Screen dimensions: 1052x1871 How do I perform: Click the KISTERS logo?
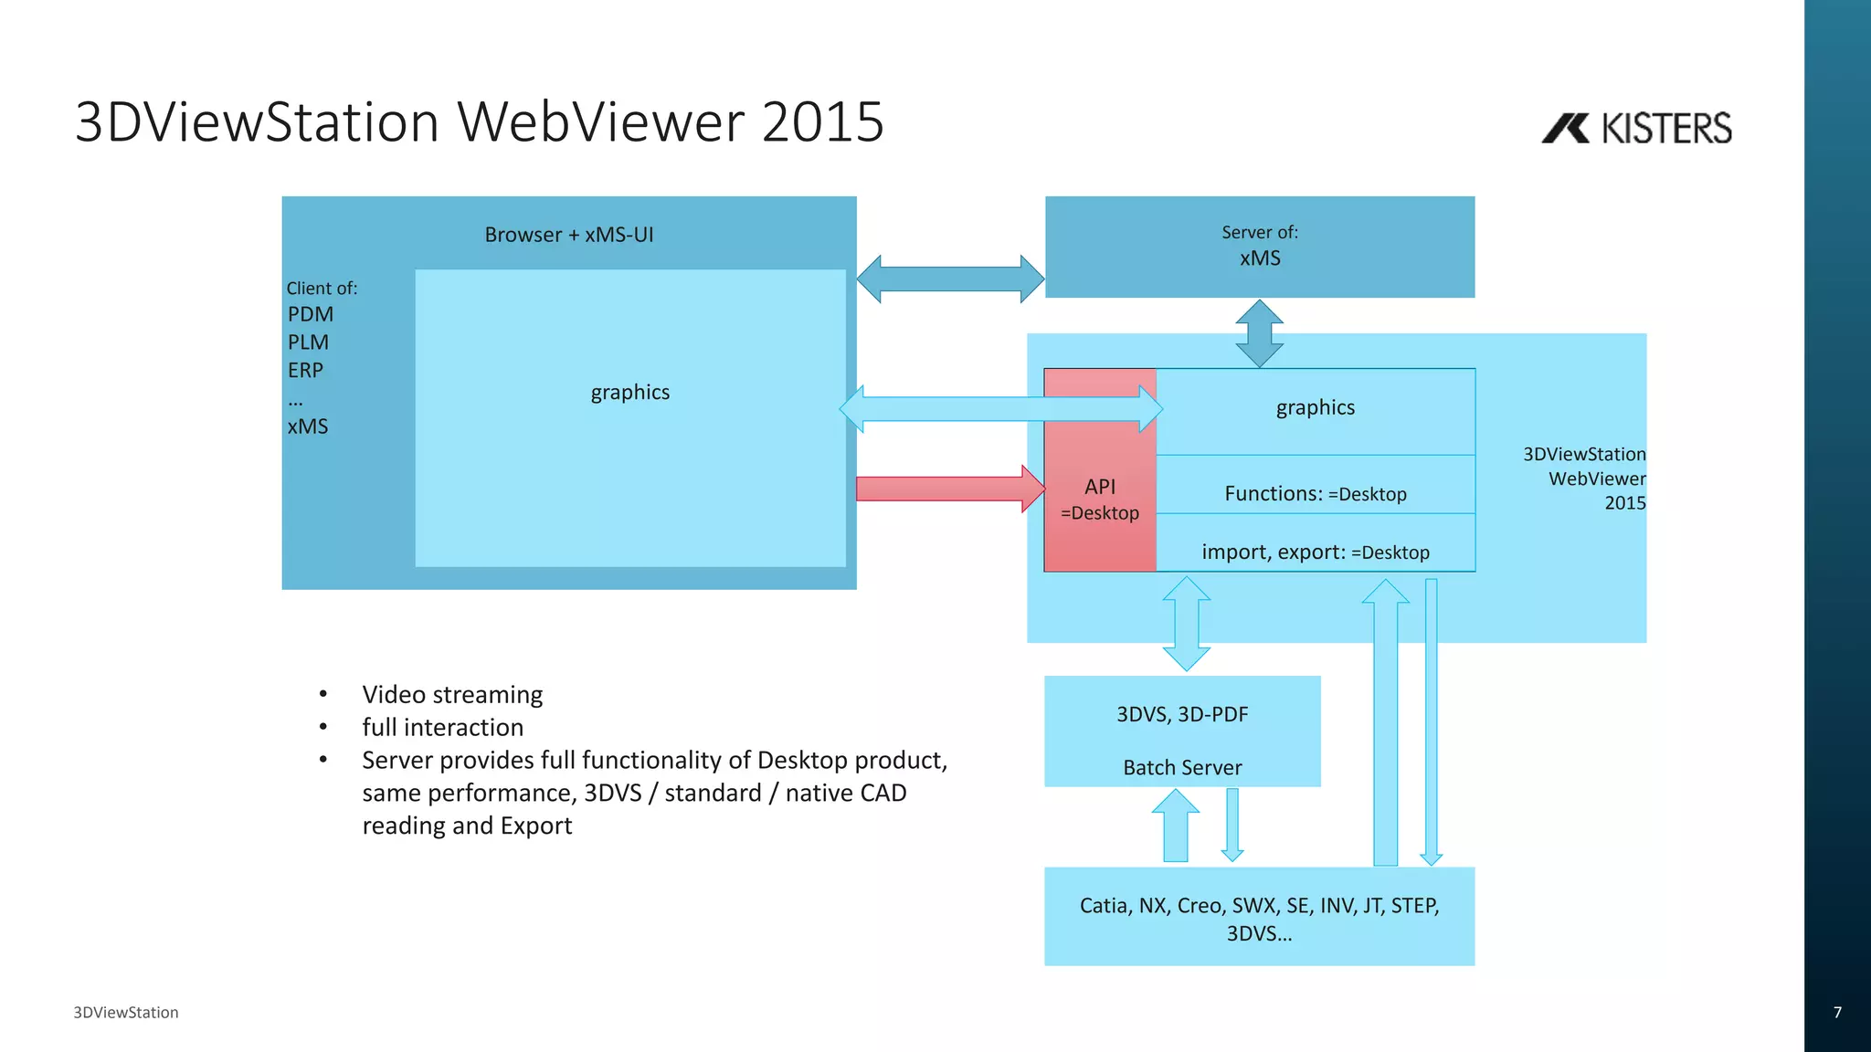pos(1636,128)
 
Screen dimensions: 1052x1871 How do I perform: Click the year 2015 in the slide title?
pos(822,121)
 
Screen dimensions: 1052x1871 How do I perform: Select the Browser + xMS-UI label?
pos(568,235)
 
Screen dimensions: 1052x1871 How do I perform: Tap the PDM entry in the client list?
pos(311,314)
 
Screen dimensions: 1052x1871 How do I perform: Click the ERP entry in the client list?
pos(305,371)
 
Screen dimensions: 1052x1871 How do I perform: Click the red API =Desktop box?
pos(1100,499)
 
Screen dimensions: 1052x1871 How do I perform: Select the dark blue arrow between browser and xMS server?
pos(950,279)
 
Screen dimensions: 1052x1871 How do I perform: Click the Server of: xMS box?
pos(1259,247)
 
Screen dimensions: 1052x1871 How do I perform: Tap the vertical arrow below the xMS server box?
pos(1259,333)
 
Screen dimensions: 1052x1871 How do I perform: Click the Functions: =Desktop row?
pos(1315,494)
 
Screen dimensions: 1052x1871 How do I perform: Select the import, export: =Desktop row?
pos(1315,552)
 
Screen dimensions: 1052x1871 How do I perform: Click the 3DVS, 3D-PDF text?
pos(1182,714)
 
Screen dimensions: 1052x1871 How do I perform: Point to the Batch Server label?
pos(1182,767)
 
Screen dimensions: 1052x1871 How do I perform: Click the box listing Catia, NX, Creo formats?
pos(1259,917)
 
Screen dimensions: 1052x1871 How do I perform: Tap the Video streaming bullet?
pos(452,695)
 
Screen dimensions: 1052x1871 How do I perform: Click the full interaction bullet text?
pos(442,727)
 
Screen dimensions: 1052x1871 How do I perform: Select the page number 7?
pos(1837,1012)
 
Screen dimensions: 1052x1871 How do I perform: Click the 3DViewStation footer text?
pos(126,1012)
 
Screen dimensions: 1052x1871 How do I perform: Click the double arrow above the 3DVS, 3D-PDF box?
pos(1186,624)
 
